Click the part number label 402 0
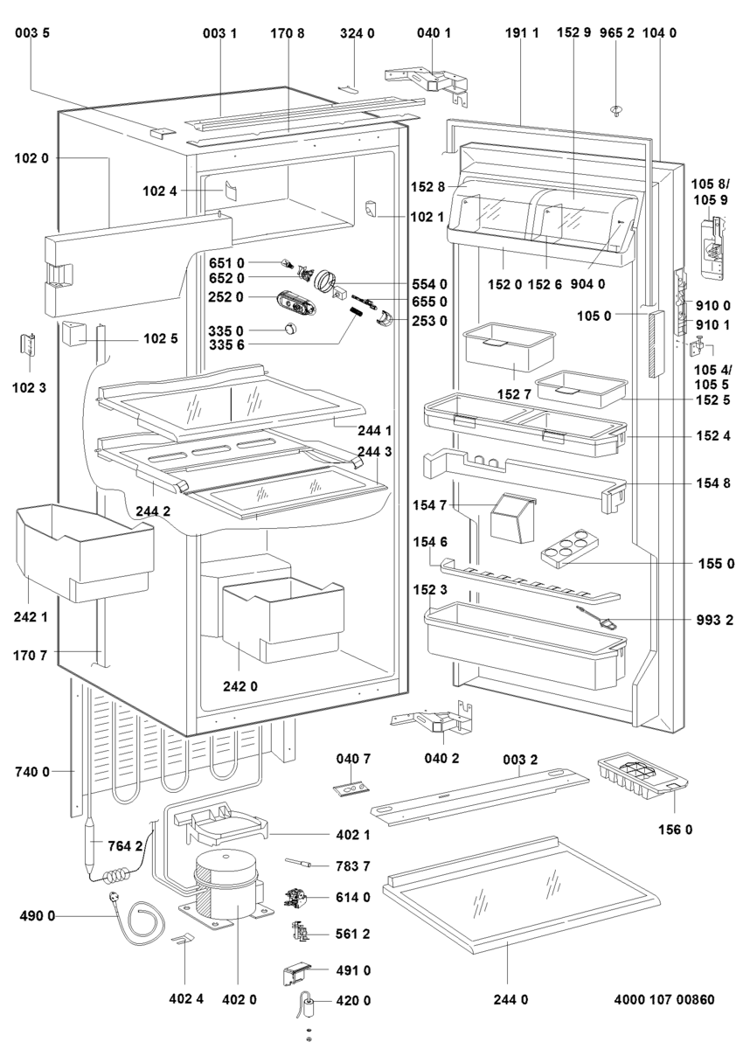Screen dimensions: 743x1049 coord(240,999)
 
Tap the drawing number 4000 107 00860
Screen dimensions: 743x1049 coord(663,999)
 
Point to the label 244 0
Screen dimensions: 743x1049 coord(510,999)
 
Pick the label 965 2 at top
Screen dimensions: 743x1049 coord(617,33)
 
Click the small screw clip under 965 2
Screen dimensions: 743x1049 coord(616,111)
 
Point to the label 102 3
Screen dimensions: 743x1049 coord(29,388)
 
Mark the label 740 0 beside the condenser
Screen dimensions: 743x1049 coord(31,771)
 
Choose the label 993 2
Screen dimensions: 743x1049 coord(715,621)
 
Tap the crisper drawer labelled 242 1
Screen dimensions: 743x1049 coord(85,552)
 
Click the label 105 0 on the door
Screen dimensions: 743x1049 coord(594,316)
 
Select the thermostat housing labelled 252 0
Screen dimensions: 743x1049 coord(296,300)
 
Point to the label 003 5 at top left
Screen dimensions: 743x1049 coord(31,33)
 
